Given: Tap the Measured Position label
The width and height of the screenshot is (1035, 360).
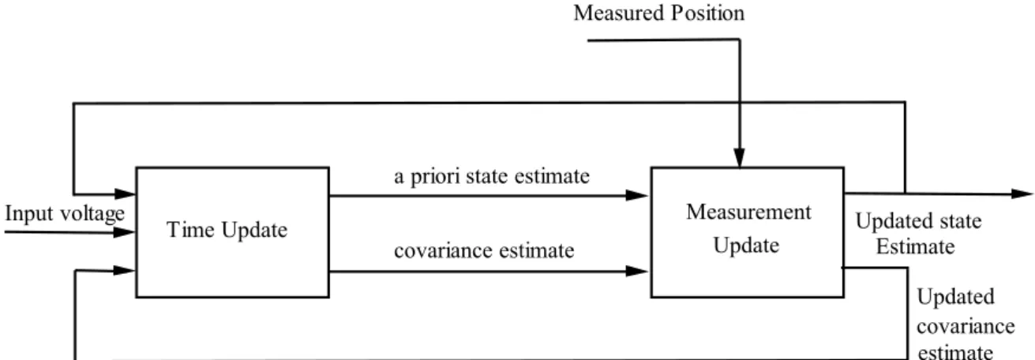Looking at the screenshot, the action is (659, 13).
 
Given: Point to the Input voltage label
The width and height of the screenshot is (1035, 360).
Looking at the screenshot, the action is (65, 214).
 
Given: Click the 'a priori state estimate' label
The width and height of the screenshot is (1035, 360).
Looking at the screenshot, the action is (492, 177).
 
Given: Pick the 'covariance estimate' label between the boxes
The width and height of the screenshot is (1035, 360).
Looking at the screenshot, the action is (484, 251).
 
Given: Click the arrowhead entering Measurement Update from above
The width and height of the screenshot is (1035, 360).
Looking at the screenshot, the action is (739, 158).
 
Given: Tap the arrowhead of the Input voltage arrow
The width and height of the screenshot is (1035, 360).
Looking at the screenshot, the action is (124, 232).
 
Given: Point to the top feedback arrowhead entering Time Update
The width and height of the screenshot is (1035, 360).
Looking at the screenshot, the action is (125, 193).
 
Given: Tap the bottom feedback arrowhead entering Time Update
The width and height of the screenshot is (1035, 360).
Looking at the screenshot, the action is (125, 270).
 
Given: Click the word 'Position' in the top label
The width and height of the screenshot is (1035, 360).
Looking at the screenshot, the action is (708, 13).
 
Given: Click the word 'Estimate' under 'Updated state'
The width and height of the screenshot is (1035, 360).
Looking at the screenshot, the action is (915, 247).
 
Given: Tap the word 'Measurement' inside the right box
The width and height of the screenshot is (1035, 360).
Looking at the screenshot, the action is (748, 212).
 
